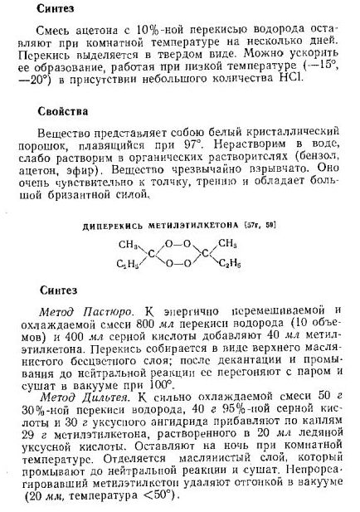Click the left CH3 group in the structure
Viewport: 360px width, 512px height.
click(127, 244)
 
